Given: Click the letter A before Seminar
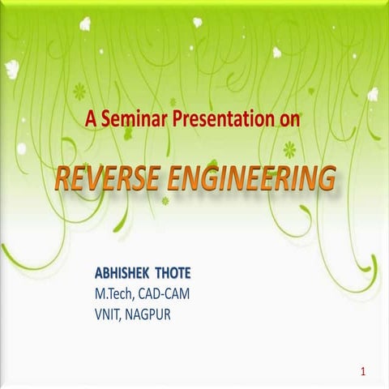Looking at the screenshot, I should (88, 120).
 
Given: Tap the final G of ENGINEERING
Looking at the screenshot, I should (325, 177).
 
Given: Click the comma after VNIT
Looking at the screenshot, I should (130, 311).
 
